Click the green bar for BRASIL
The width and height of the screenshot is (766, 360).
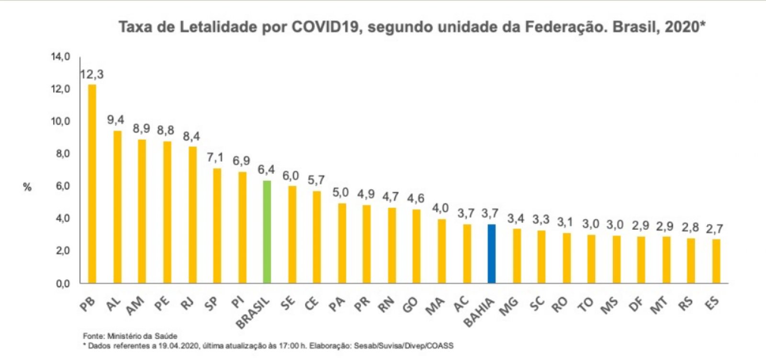click(267, 232)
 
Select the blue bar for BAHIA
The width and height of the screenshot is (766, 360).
click(492, 253)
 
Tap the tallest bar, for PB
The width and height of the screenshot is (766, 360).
click(92, 184)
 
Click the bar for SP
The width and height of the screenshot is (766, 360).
click(217, 225)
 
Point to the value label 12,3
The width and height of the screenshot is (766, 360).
click(91, 75)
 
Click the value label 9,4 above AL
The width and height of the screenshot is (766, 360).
click(115, 120)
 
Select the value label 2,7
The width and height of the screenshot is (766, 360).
click(715, 229)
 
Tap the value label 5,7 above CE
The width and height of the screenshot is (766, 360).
click(316, 180)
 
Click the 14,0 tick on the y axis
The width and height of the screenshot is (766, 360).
click(60, 57)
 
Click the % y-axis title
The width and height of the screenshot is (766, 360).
click(27, 187)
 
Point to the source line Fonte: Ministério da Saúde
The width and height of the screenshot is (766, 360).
click(130, 336)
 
